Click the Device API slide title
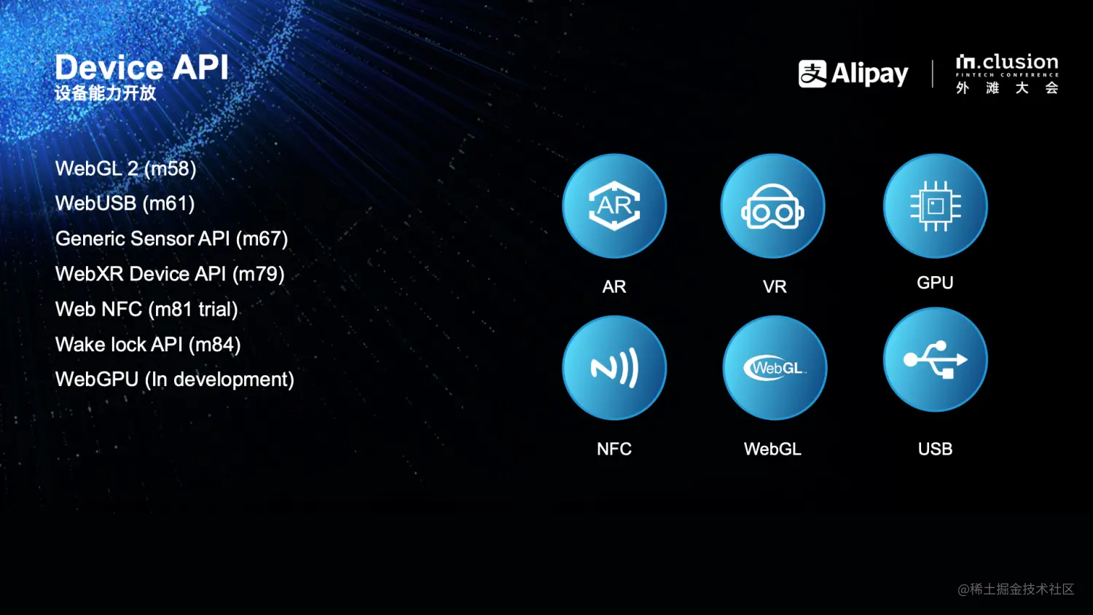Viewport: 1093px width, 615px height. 141,67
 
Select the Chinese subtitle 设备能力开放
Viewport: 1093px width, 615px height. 106,93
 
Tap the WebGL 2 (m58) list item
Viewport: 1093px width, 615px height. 126,169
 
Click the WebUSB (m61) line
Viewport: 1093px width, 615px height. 125,203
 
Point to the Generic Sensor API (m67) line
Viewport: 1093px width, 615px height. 172,239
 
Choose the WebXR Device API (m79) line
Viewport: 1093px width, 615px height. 170,274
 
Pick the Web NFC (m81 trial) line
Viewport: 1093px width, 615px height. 147,309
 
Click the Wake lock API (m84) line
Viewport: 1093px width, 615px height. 148,345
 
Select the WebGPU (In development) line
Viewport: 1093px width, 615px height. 175,380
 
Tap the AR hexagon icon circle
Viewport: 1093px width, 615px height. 614,205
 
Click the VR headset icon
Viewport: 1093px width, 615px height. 773,205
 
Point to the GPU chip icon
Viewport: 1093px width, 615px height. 936,205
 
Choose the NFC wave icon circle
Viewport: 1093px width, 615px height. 614,367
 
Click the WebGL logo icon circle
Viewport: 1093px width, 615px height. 775,367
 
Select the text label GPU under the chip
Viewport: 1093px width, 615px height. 935,283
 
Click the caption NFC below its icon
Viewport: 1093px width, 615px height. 614,449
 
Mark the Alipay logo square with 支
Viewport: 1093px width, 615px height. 812,74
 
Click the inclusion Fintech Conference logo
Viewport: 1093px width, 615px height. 1007,74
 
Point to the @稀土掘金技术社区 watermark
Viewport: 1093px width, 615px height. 1016,589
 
